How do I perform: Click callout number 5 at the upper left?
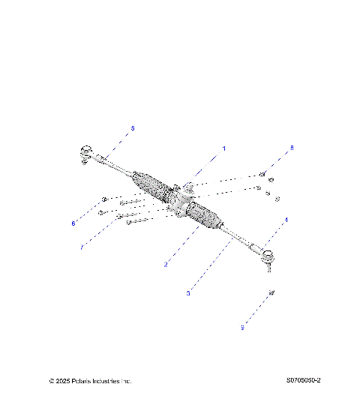133,128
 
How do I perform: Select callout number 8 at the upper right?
292,148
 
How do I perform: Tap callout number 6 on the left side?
73,223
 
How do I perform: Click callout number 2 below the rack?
166,265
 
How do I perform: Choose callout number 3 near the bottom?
187,293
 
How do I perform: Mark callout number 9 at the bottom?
243,327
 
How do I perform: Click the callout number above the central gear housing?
223,148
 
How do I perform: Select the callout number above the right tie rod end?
286,220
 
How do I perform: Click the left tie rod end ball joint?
84,154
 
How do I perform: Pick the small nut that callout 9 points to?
271,292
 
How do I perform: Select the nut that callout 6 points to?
104,200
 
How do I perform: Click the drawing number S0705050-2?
303,381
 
